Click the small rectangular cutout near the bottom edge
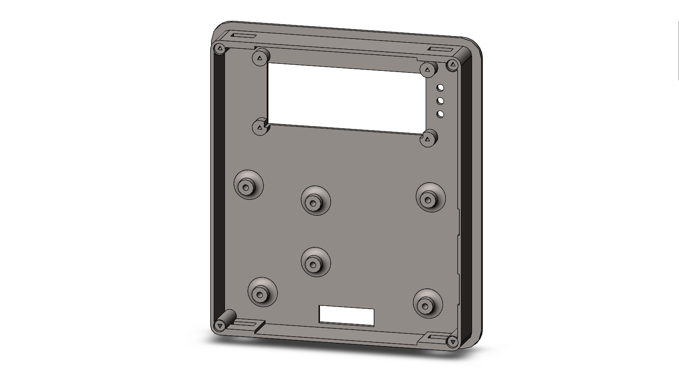click(x=346, y=316)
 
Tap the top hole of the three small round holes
click(x=441, y=88)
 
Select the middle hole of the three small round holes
click(x=441, y=101)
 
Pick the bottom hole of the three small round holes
click(x=441, y=114)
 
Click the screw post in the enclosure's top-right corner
click(x=453, y=65)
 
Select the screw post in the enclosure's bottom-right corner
click(x=453, y=341)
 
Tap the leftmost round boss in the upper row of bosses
click(x=248, y=187)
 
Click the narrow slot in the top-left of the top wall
click(x=243, y=37)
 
